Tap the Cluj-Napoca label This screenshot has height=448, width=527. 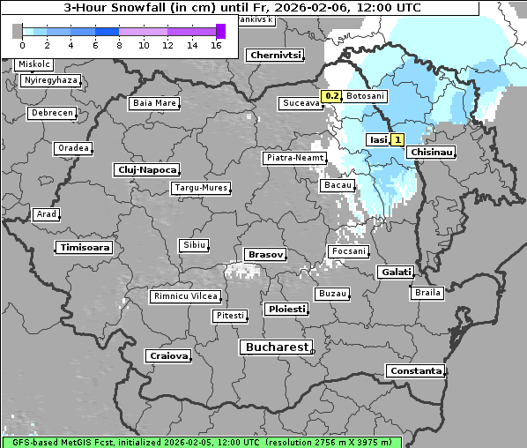(x=146, y=169)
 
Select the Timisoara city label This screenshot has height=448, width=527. (x=85, y=248)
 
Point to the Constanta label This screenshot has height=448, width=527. (x=415, y=371)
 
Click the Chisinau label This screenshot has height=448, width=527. (x=431, y=153)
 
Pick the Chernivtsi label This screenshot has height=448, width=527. (x=276, y=55)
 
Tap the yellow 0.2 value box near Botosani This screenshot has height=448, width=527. (x=332, y=95)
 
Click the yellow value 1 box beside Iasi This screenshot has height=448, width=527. (x=397, y=139)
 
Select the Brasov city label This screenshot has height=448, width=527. (x=265, y=254)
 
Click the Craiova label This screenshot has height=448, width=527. (x=168, y=356)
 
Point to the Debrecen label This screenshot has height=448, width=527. (x=50, y=114)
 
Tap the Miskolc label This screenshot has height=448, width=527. (x=34, y=64)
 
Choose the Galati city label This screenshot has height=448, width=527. (x=396, y=273)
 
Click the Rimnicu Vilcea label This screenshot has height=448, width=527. (x=185, y=296)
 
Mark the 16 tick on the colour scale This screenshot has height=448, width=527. (x=216, y=45)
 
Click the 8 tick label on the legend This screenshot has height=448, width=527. (x=119, y=45)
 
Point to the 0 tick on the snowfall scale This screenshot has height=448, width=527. (x=22, y=45)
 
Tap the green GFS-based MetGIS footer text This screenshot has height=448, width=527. (x=202, y=442)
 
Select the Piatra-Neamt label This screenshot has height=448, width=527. (x=294, y=158)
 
